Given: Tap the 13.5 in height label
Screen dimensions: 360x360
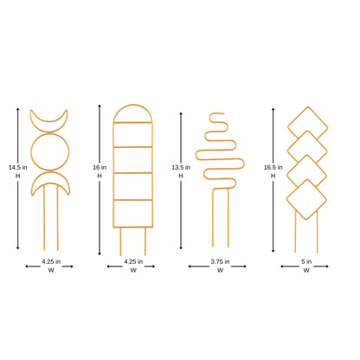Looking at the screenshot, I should [181, 167].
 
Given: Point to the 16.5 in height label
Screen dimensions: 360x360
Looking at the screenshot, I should [268, 167].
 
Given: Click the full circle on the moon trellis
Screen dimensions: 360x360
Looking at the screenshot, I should [48, 152].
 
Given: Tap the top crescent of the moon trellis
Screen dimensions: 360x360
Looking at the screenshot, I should [48, 119].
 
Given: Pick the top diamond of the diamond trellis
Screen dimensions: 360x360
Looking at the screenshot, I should [307, 123].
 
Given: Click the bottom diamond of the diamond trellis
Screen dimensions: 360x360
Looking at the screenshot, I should [307, 201].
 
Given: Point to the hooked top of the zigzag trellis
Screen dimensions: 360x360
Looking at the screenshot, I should [217, 117].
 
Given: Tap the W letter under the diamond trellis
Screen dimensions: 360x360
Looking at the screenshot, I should [307, 270].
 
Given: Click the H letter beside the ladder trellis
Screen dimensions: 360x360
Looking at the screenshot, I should [100, 176].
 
